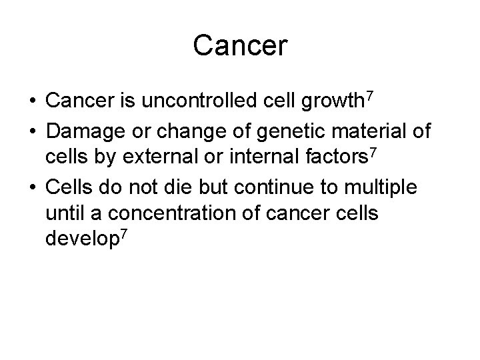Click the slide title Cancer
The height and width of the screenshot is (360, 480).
pos(240,47)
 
